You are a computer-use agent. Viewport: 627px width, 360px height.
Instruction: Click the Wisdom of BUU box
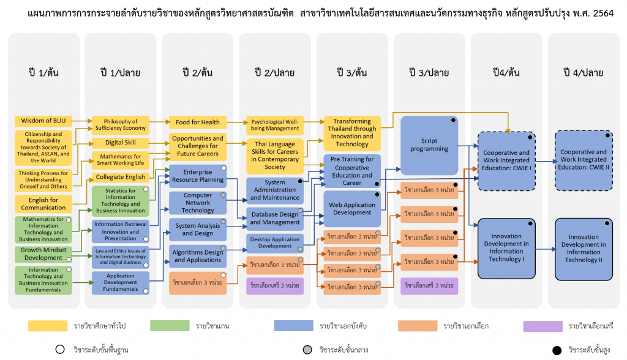tap(41, 121)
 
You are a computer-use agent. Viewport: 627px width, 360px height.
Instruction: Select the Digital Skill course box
tap(120, 143)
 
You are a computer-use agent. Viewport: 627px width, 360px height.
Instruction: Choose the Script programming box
tap(429, 145)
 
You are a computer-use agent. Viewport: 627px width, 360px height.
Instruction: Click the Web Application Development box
tap(352, 209)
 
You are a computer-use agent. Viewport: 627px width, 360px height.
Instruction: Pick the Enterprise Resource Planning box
tap(197, 177)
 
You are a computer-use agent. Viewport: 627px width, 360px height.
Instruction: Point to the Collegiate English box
tap(120, 177)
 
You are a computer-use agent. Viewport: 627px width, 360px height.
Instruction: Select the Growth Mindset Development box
tap(41, 253)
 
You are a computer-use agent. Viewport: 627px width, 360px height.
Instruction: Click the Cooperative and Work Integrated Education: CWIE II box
tap(584, 160)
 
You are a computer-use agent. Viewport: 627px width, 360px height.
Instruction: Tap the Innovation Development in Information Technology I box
tap(506, 247)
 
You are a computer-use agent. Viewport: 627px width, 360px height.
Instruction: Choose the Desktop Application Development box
tap(274, 242)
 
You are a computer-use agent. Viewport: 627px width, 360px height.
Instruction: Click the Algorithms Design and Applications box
tap(197, 256)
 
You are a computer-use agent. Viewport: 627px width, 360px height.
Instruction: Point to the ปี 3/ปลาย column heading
tap(429, 72)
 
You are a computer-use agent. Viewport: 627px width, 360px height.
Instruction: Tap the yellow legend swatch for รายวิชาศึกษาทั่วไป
tap(47, 326)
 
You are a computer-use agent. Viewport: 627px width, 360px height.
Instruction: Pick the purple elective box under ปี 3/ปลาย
tap(429, 285)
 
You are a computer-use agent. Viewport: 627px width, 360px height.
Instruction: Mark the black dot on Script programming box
tap(454, 120)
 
